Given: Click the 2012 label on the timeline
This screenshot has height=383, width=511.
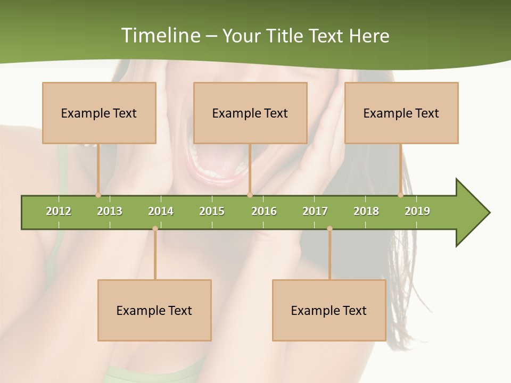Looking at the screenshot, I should point(59,211).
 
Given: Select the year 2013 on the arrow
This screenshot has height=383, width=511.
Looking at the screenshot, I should point(110,211).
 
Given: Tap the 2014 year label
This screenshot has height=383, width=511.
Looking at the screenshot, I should point(161,211).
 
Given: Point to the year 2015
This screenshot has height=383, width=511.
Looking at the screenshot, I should point(212,211).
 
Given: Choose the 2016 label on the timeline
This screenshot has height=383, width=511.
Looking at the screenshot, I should point(264,211).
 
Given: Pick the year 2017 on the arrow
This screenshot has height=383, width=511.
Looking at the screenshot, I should point(315,211).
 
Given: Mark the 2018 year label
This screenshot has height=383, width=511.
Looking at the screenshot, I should point(366,211).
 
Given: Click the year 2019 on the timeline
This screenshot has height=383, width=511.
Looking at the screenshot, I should point(417,211).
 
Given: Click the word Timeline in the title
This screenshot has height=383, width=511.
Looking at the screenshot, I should point(160,36).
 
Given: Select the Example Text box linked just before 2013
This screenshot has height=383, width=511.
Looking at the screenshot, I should point(99,113).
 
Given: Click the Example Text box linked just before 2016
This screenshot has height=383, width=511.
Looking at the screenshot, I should point(250,113).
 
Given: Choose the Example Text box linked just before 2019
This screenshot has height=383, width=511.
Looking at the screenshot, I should point(401,113).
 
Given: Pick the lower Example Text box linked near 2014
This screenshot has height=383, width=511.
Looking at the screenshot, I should point(154,310).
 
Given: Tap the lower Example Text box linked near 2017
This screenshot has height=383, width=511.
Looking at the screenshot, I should point(329,310).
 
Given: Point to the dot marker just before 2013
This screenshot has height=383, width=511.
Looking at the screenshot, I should point(98,195).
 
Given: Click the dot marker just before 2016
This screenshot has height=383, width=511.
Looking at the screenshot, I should point(250,195).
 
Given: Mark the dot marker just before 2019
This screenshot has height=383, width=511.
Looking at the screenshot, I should point(400,195).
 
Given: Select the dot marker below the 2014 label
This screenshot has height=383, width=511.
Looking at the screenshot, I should point(155,229).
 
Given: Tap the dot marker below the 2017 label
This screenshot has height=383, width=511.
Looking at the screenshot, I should point(329,229).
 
